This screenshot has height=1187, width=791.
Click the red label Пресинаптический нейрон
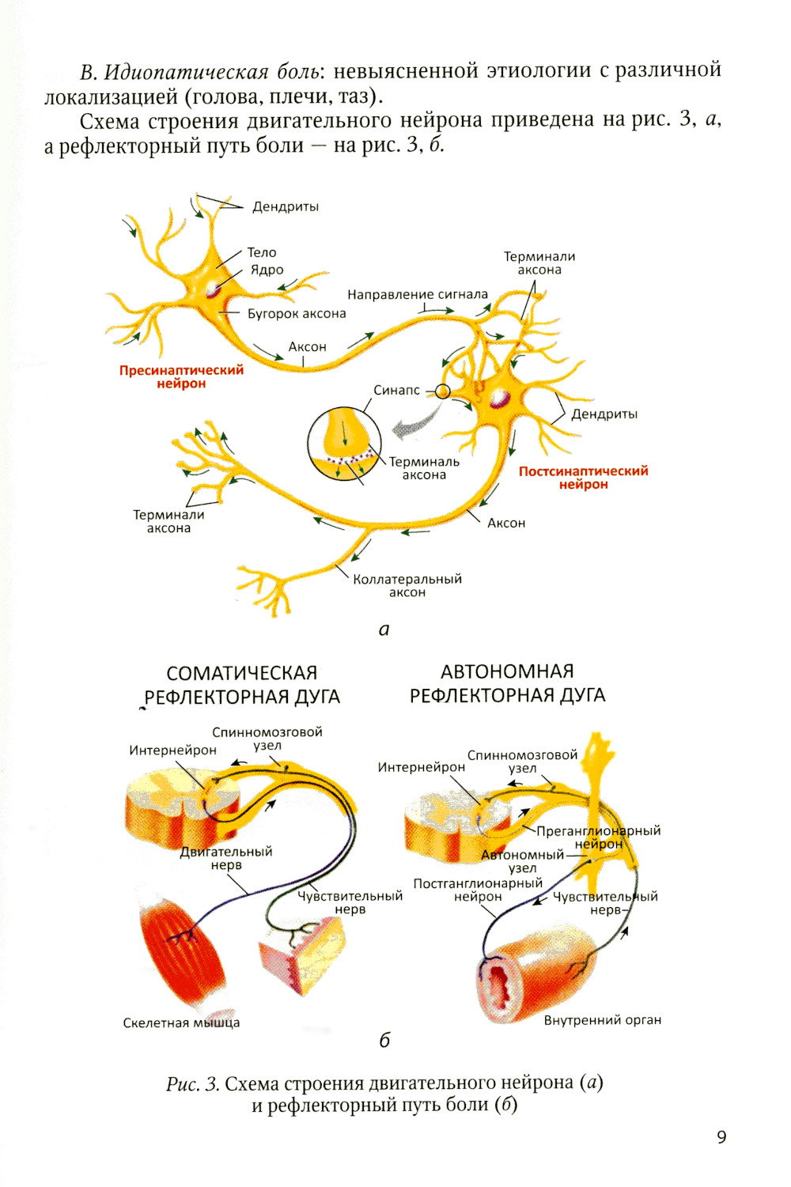(181, 376)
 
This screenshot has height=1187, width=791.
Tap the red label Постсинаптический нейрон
(583, 477)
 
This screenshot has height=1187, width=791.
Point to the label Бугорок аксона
(297, 314)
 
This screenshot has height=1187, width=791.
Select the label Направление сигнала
(418, 294)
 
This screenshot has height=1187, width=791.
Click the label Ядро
(267, 270)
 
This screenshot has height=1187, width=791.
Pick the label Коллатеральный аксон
(407, 585)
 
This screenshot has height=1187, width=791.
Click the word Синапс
(396, 390)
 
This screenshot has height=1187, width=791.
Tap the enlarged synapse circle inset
(344, 444)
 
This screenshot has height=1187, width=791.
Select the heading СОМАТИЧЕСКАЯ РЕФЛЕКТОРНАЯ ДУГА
(242, 685)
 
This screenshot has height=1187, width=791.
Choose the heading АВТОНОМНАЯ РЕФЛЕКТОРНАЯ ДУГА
(507, 683)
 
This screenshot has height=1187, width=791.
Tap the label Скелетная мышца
(181, 1023)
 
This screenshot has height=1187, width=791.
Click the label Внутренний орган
(602, 1020)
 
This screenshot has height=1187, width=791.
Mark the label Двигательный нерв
(226, 858)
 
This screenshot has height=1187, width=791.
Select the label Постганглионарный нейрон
(478, 890)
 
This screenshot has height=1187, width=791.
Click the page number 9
(721, 1137)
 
